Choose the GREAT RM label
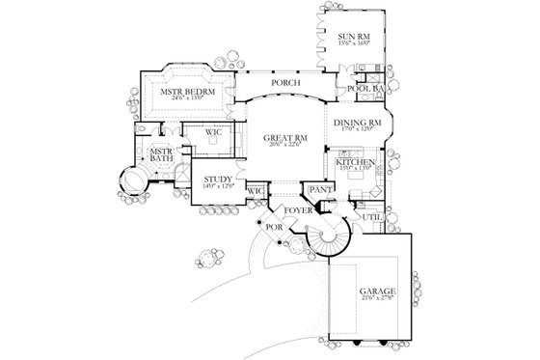coord(283,139)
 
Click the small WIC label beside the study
coord(256,192)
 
